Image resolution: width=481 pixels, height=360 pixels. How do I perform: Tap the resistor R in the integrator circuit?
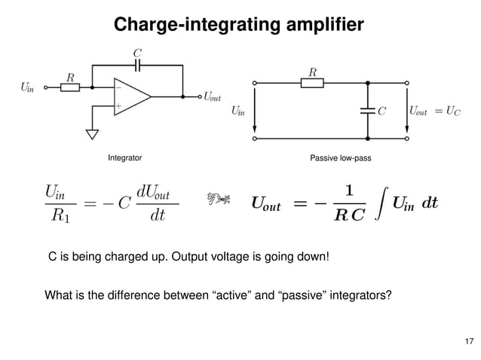point(70,87)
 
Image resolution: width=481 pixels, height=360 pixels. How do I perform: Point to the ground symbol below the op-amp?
point(93,136)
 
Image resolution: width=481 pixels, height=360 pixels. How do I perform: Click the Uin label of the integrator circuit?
point(26,87)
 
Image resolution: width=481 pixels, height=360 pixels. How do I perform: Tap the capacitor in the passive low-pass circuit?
point(367,111)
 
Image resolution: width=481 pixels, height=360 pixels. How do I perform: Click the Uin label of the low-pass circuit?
point(237,111)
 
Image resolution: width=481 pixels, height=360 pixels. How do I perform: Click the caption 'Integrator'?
point(125,159)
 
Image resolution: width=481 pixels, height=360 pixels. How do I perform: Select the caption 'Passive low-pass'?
point(341,159)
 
